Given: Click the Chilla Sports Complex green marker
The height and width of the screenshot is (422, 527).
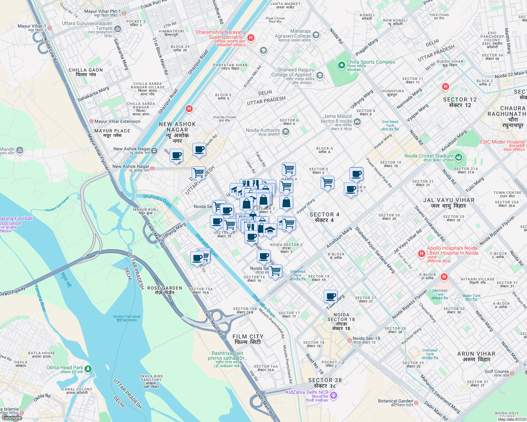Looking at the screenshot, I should tap(341, 65).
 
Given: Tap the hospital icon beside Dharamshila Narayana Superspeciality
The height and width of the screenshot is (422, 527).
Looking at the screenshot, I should tap(251, 38).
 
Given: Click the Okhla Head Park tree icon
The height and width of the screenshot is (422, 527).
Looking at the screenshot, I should tap(88, 369).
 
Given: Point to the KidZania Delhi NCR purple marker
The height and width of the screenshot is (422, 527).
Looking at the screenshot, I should tap(334, 396).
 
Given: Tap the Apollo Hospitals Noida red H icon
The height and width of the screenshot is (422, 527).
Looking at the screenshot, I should tap(421, 254).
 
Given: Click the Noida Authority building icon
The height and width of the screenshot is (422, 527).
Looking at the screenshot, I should tap(286, 132).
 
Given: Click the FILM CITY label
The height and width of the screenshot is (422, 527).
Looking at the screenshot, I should tap(248, 339).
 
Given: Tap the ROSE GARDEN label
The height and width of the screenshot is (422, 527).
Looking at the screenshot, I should tap(165, 290).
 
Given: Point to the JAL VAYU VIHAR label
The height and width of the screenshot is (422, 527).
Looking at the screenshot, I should tap(448, 203).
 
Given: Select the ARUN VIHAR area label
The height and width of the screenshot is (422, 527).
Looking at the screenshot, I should tap(476, 357).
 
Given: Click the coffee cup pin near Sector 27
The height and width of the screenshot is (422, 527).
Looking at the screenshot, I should tap(330, 296).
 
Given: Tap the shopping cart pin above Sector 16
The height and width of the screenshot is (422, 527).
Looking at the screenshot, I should tap(275, 271).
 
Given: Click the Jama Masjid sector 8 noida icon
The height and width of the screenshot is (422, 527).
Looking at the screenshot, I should tap(357, 122).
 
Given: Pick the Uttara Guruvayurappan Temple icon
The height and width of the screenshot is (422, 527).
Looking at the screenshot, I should tap(118, 29).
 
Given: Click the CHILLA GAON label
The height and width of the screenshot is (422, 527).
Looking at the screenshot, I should tap(86, 72).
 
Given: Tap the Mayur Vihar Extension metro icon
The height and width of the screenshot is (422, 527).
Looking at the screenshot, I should tap(91, 121).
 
